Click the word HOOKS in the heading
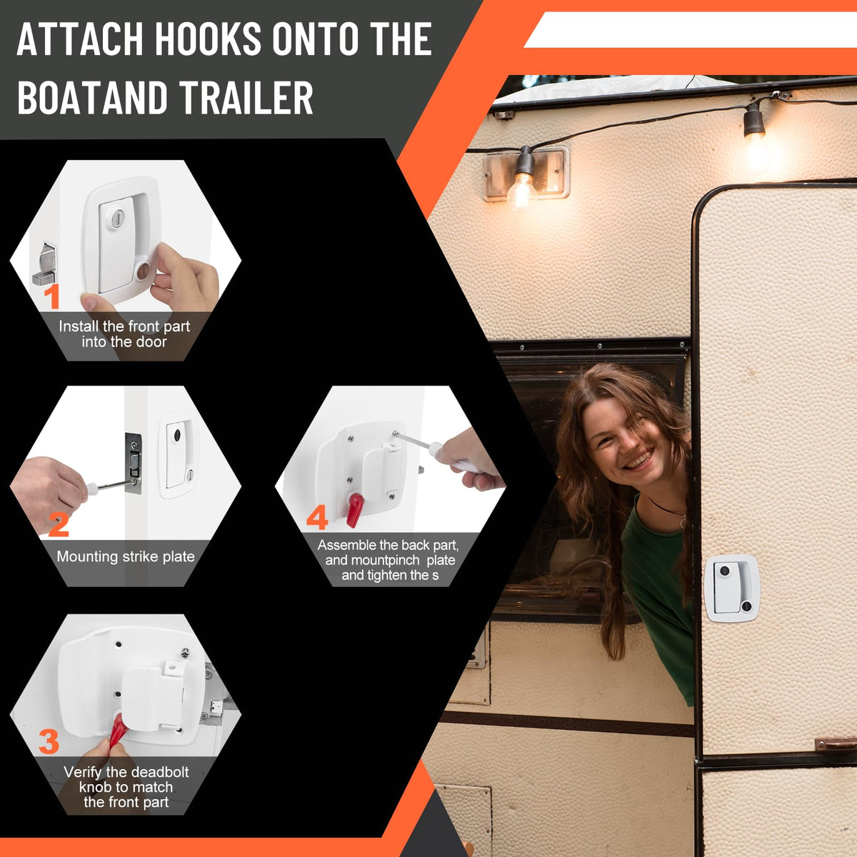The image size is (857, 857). pyautogui.click(x=208, y=39)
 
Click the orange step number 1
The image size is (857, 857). pyautogui.click(x=52, y=296)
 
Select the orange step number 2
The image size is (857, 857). pyautogui.click(x=59, y=525)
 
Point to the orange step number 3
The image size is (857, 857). pyautogui.click(x=49, y=741)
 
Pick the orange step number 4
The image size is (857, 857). pyautogui.click(x=317, y=517)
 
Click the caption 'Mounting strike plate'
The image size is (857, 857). pyautogui.click(x=126, y=556)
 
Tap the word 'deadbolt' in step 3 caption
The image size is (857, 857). pyautogui.click(x=158, y=771)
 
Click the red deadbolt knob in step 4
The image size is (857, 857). pyautogui.click(x=355, y=510)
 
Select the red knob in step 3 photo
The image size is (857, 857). pyautogui.click(x=118, y=728)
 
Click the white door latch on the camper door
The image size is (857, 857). pyautogui.click(x=731, y=588)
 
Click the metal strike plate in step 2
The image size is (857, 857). pyautogui.click(x=134, y=463)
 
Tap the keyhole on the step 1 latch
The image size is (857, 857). pyautogui.click(x=117, y=218)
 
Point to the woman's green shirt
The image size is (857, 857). pyautogui.click(x=658, y=591)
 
